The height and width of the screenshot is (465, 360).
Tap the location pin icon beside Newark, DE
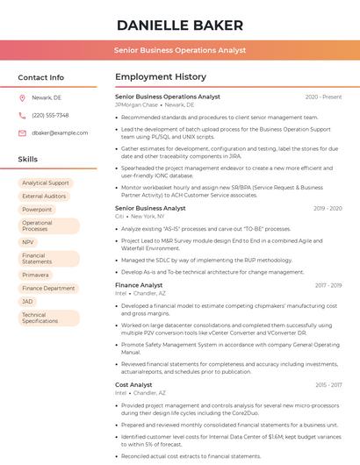[22, 98]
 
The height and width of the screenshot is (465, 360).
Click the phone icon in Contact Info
[22, 115]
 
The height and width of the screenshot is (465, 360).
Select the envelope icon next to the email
[22, 132]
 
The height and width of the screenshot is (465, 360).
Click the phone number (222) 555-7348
[50, 115]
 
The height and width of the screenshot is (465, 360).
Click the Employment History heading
[161, 77]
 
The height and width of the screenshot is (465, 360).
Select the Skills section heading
[28, 159]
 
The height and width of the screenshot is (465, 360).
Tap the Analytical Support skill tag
[46, 183]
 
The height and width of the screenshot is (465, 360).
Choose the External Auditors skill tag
[44, 197]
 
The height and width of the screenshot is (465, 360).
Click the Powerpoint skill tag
[37, 210]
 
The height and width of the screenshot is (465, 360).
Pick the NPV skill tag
[28, 242]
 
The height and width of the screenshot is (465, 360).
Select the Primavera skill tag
[35, 275]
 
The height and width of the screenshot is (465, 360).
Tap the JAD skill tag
[28, 301]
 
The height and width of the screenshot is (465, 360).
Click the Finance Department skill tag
[48, 288]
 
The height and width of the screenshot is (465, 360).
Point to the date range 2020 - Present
[323, 97]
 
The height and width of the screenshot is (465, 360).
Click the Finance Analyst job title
[139, 285]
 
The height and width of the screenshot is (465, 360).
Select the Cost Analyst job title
[133, 384]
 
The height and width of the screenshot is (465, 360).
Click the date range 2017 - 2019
[328, 285]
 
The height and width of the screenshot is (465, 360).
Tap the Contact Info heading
[41, 77]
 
